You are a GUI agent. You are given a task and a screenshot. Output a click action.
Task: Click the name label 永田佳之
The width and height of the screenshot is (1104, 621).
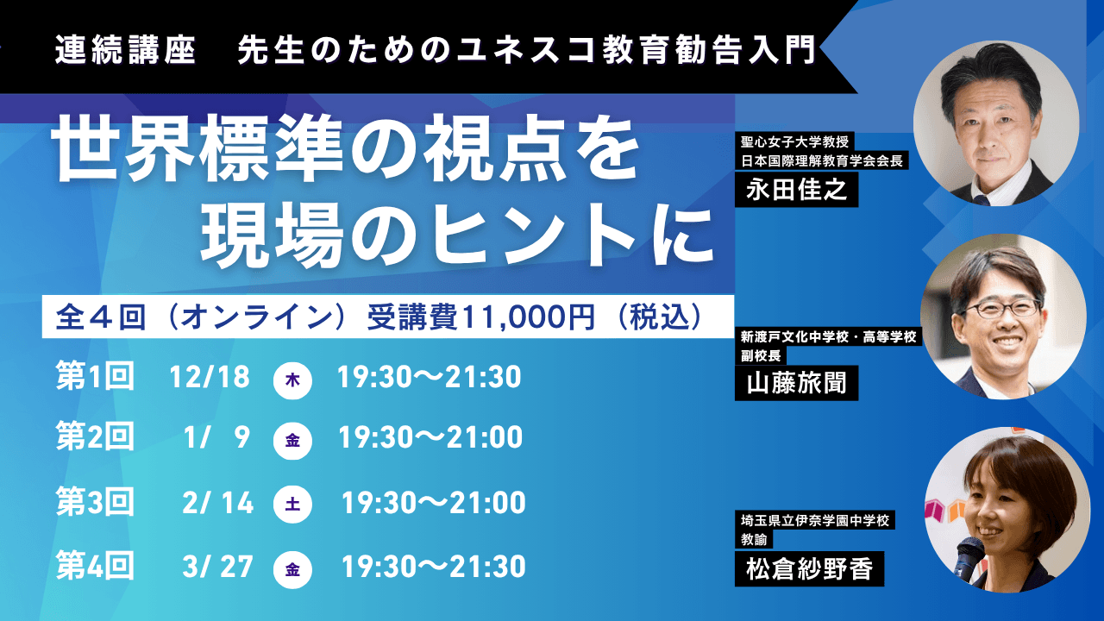[x=796, y=189]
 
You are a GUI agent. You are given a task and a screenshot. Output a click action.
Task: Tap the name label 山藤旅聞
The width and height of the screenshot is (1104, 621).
[x=796, y=383]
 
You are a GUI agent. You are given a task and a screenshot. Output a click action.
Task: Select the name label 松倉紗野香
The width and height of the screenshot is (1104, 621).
[x=809, y=568]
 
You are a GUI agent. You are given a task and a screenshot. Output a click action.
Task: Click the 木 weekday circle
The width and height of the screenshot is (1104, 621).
[x=292, y=380]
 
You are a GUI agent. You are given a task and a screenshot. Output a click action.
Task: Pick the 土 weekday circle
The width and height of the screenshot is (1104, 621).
[x=292, y=504]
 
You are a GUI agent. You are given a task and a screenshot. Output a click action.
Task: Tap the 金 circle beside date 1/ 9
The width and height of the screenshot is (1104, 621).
[x=292, y=440]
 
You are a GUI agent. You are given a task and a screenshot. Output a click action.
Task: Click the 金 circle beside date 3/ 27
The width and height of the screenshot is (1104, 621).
[x=292, y=570]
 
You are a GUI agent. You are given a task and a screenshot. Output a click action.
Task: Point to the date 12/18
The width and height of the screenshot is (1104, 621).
[x=210, y=377]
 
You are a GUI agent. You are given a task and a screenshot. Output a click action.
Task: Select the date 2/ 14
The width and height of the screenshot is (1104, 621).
[x=218, y=503]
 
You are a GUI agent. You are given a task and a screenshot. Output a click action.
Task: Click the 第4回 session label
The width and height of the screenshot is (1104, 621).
[x=95, y=566]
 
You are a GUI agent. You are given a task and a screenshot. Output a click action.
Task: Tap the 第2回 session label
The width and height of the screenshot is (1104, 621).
[x=95, y=436]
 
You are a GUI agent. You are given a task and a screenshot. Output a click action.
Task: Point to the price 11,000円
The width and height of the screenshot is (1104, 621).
[x=529, y=317]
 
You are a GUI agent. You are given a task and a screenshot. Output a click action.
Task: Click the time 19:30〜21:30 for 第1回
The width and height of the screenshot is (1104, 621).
[x=429, y=377]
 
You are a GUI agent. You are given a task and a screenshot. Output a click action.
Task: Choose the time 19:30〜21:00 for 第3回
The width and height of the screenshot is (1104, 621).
[x=434, y=503]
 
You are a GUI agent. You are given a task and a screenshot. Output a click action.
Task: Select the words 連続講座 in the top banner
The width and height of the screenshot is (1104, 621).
[x=126, y=51]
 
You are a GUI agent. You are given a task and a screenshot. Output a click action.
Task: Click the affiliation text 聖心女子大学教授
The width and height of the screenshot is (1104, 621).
[x=794, y=142]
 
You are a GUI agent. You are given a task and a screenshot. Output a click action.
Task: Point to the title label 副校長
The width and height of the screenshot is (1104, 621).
[x=761, y=355]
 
